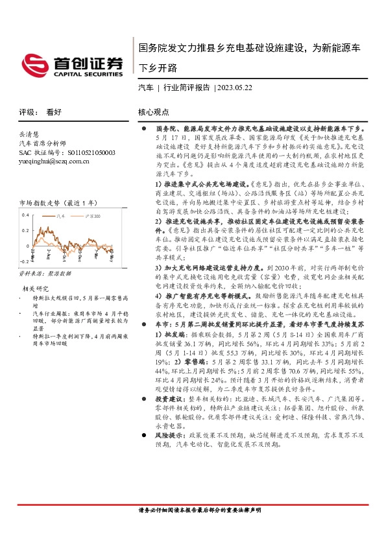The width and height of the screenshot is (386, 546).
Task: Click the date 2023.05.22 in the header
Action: pos(235,87)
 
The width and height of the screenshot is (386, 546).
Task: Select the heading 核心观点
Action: pos(154,112)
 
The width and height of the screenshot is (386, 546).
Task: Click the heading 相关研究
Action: pos(36,287)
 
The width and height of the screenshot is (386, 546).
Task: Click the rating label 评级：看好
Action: pos(40,112)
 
